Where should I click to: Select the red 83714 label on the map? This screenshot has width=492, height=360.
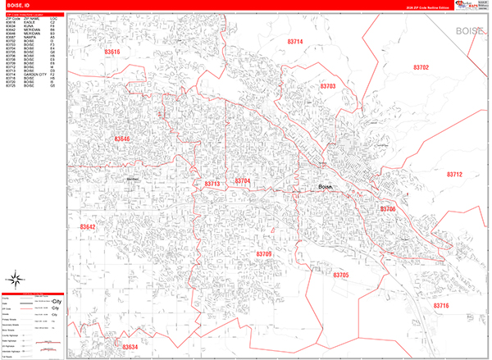tap(294, 42)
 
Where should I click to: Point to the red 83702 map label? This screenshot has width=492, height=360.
tap(421, 67)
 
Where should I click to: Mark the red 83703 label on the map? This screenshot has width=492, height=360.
tap(328, 86)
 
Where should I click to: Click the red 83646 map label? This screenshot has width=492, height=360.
tap(121, 139)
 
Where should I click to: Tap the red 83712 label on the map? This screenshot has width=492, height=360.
tap(454, 175)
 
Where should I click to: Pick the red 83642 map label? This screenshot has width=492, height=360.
tap(87, 227)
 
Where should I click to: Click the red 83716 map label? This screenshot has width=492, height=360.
tap(441, 305)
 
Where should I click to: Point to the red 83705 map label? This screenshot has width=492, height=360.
tap(340, 275)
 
